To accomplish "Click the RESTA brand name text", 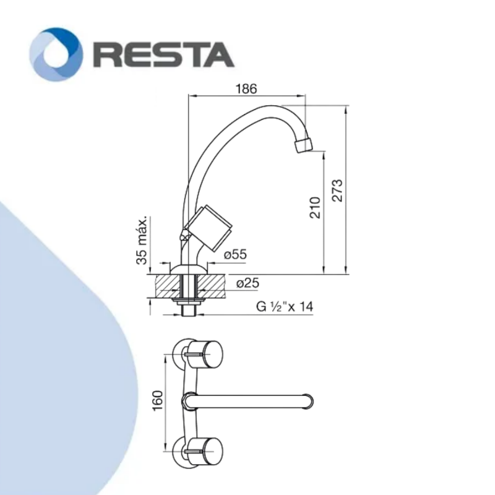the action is point(163,55).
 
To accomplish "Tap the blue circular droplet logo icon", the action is point(56,54).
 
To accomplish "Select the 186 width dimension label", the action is point(246,88).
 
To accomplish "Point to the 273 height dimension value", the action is point(337,191).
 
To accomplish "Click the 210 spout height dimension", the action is point(315,207).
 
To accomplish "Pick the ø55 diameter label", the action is point(236,254).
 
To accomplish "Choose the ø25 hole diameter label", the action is point(248,283).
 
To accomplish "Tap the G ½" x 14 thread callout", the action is point(285,306).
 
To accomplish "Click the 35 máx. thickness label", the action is point(142,241).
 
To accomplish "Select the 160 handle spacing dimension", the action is point(157,400).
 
